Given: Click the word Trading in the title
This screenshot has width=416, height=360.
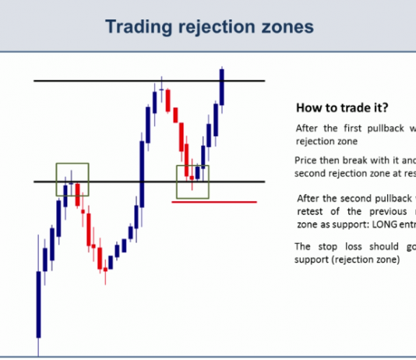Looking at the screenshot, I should [x=137, y=27].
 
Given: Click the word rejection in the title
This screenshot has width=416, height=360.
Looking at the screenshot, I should [x=218, y=27].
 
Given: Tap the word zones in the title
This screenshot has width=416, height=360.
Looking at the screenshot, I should [x=288, y=27].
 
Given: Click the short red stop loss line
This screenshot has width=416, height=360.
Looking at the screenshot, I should [x=213, y=202].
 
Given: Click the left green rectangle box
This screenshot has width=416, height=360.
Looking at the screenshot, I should [x=72, y=179].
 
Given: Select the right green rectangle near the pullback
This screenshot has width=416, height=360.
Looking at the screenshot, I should [x=193, y=182].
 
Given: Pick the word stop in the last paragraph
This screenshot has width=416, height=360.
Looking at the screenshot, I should [x=321, y=246].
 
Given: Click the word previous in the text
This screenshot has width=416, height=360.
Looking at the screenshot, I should [x=375, y=211].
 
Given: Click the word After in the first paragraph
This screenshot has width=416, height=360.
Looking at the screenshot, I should [x=307, y=129].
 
